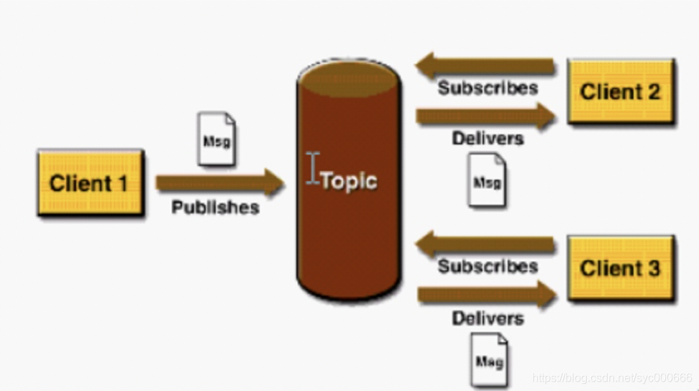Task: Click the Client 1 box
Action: click(x=90, y=183)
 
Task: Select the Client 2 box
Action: click(x=620, y=91)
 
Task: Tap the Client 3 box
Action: click(x=620, y=268)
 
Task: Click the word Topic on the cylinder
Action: click(x=349, y=180)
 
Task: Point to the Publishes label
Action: click(x=215, y=208)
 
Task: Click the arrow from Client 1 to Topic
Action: click(x=219, y=183)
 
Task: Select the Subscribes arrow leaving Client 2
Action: click(x=485, y=67)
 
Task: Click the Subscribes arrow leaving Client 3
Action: click(x=485, y=245)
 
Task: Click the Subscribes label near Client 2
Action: click(x=488, y=88)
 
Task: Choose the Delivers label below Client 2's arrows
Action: click(x=488, y=137)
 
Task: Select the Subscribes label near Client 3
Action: click(x=488, y=267)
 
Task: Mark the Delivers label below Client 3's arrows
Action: click(x=488, y=317)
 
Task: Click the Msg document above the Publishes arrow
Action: click(x=216, y=139)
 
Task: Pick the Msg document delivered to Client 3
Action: click(x=489, y=359)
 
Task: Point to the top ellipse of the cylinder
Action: click(x=348, y=75)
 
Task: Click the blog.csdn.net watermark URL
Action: click(x=611, y=377)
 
